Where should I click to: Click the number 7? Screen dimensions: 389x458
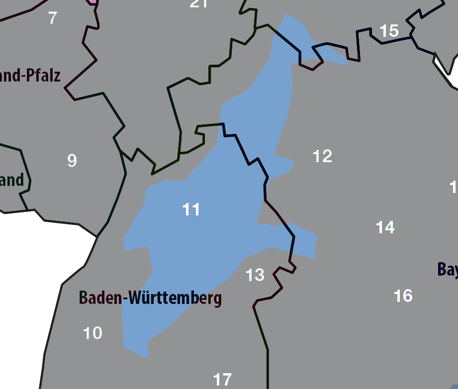pyautogui.click(x=52, y=18)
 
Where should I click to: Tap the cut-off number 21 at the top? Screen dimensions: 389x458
pyautogui.click(x=198, y=3)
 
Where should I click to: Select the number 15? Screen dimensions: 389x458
pyautogui.click(x=389, y=31)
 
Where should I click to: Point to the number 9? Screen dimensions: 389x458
pyautogui.click(x=72, y=161)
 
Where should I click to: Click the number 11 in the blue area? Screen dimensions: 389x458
pyautogui.click(x=191, y=209)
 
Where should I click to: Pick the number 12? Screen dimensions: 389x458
pyautogui.click(x=322, y=156)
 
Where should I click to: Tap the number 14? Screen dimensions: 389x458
pyautogui.click(x=385, y=227)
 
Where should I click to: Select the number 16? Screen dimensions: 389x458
pyautogui.click(x=403, y=296)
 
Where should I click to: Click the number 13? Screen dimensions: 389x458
pyautogui.click(x=255, y=275)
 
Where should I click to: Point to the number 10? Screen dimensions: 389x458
pyautogui.click(x=92, y=333)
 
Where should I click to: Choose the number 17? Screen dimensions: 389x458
pyautogui.click(x=222, y=380)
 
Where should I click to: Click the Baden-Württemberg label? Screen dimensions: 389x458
pyautogui.click(x=150, y=298)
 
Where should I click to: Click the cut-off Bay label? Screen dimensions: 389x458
pyautogui.click(x=447, y=270)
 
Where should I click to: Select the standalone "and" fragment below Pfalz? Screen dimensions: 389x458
pyautogui.click(x=11, y=180)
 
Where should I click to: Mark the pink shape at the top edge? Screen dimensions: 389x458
pyautogui.click(x=92, y=2)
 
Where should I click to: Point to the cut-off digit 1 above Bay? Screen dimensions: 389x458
pyautogui.click(x=453, y=188)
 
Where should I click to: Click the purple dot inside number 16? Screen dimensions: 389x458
pyautogui.click(x=408, y=297)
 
